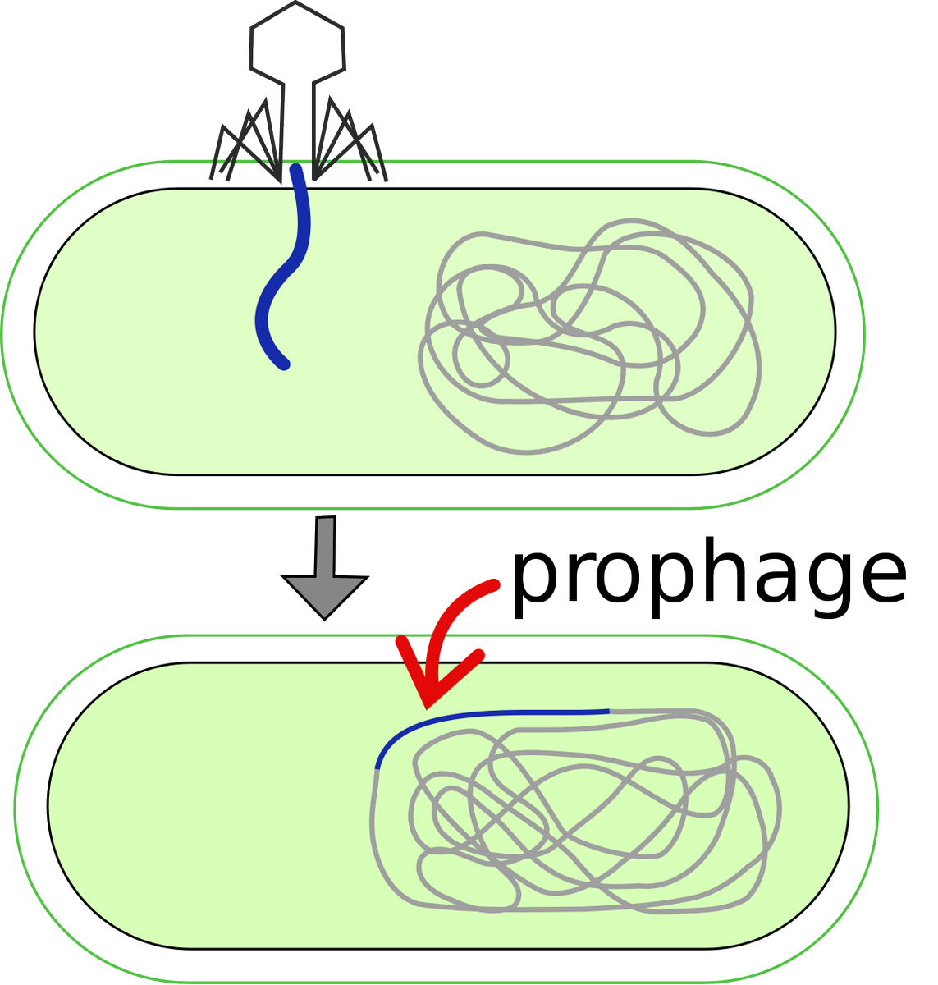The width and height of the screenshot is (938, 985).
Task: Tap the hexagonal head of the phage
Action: click(296, 41)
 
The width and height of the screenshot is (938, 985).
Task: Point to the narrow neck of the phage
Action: click(296, 123)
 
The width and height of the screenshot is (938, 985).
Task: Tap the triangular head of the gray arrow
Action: click(326, 595)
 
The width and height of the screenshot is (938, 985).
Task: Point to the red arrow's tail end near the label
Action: click(493, 584)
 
